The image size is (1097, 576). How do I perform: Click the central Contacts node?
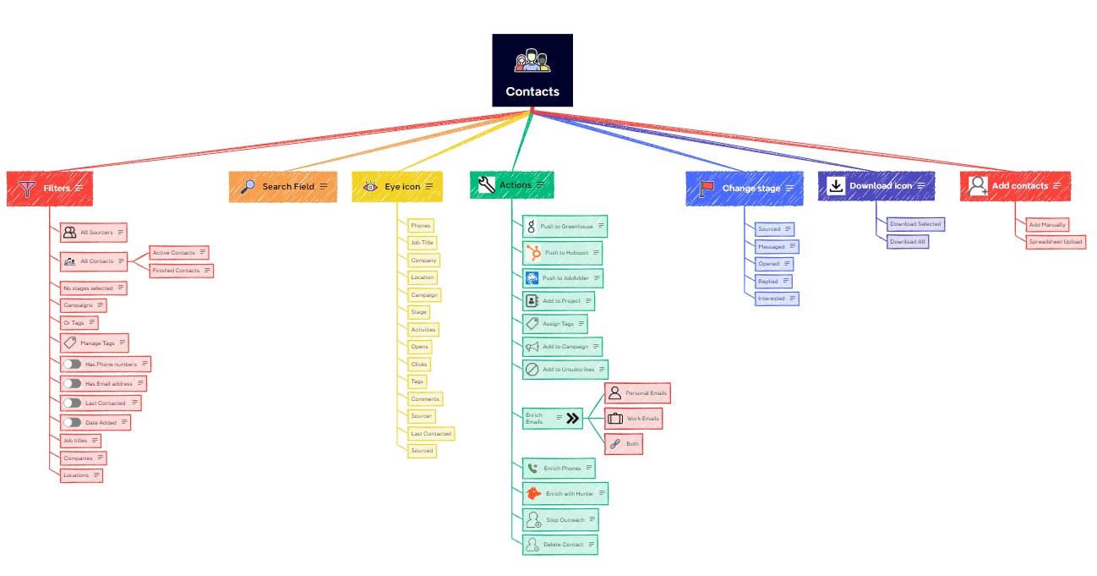point(532,70)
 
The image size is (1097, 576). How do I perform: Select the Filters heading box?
point(50,188)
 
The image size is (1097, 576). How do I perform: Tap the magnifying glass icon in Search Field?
point(248,186)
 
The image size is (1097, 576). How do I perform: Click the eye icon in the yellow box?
point(370,186)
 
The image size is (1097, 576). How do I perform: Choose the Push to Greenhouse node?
point(565,226)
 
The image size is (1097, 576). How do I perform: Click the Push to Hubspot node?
point(562,252)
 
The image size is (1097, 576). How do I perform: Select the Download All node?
point(908,242)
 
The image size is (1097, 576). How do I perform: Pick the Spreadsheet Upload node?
point(1055,242)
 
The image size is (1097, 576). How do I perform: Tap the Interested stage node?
point(777,299)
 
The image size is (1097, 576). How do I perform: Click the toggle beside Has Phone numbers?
point(73,364)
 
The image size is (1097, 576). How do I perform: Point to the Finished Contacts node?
point(181,271)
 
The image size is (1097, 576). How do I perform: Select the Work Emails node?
point(633,419)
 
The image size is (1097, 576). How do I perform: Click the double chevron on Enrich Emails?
point(573,418)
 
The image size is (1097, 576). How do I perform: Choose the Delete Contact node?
point(559,545)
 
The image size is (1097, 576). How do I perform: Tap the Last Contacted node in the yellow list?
point(431,433)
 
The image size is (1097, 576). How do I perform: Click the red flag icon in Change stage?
point(707,188)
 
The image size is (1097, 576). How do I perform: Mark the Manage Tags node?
point(94,343)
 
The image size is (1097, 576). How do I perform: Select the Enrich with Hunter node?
point(565,493)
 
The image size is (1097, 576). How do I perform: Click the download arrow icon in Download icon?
point(836,186)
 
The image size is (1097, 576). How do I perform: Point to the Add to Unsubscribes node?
point(565,370)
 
